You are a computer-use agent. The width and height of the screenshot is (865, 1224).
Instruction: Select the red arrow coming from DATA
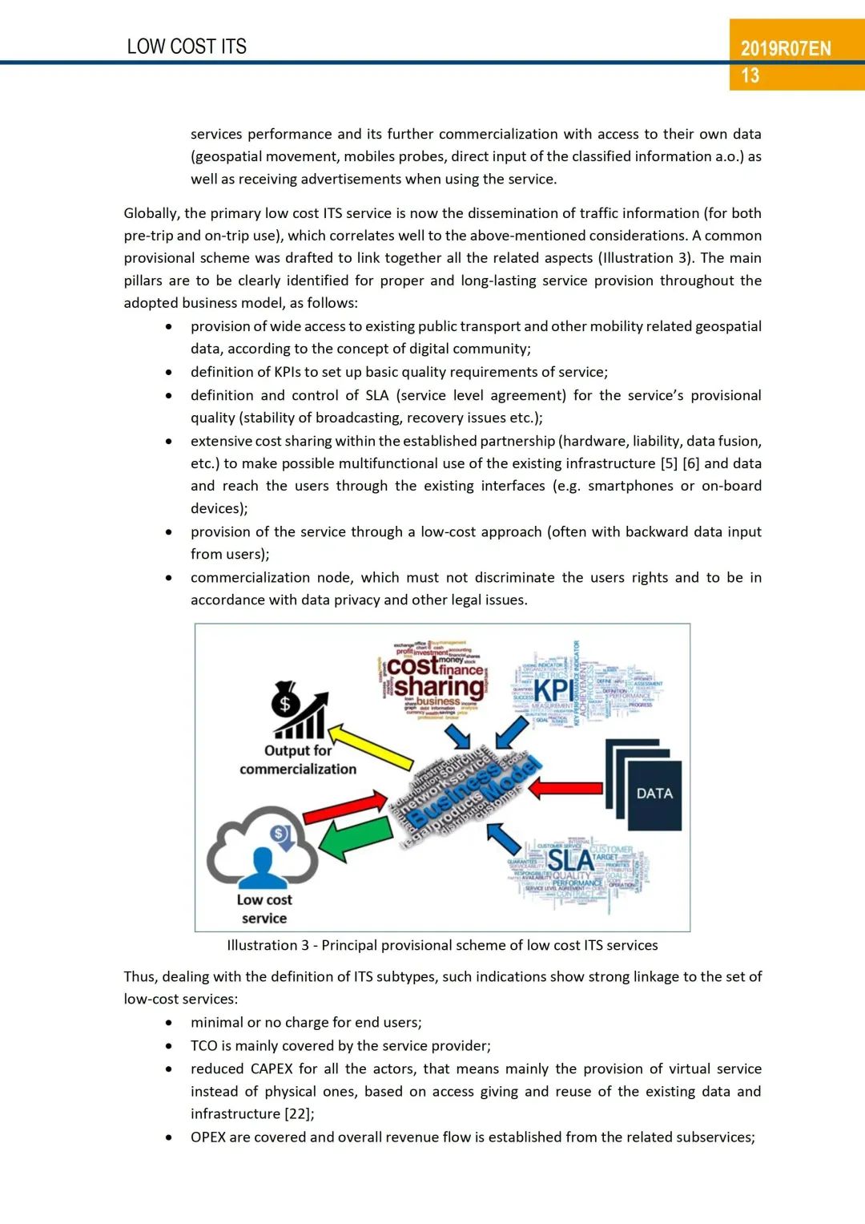click(565, 788)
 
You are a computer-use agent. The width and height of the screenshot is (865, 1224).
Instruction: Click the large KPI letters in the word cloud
click(553, 690)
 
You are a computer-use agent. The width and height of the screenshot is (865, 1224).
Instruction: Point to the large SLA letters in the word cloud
click(569, 861)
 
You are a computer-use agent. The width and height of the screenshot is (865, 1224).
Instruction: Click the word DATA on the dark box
click(654, 794)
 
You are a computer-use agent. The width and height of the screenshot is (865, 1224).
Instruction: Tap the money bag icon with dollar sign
click(285, 700)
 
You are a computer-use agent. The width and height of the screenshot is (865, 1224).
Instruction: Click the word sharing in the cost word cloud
click(439, 687)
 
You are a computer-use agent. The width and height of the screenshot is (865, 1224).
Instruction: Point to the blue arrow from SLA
click(505, 838)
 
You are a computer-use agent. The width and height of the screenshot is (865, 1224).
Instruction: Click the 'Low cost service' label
click(264, 909)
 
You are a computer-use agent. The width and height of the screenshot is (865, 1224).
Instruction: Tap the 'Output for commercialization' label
click(298, 760)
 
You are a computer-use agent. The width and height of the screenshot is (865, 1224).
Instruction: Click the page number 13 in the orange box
click(750, 76)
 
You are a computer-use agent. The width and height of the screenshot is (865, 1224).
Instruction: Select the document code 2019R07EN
click(786, 48)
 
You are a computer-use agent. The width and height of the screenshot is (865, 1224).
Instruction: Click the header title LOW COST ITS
click(187, 46)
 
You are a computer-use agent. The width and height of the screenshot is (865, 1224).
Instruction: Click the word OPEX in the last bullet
click(208, 1137)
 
